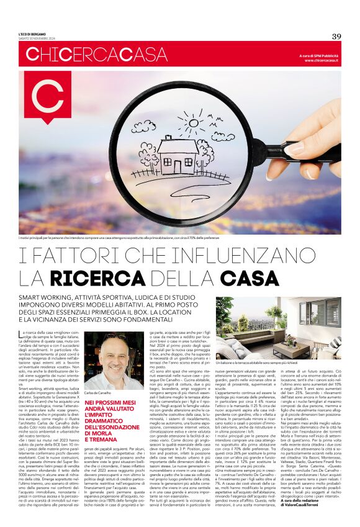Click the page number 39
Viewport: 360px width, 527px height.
coord(336,36)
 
